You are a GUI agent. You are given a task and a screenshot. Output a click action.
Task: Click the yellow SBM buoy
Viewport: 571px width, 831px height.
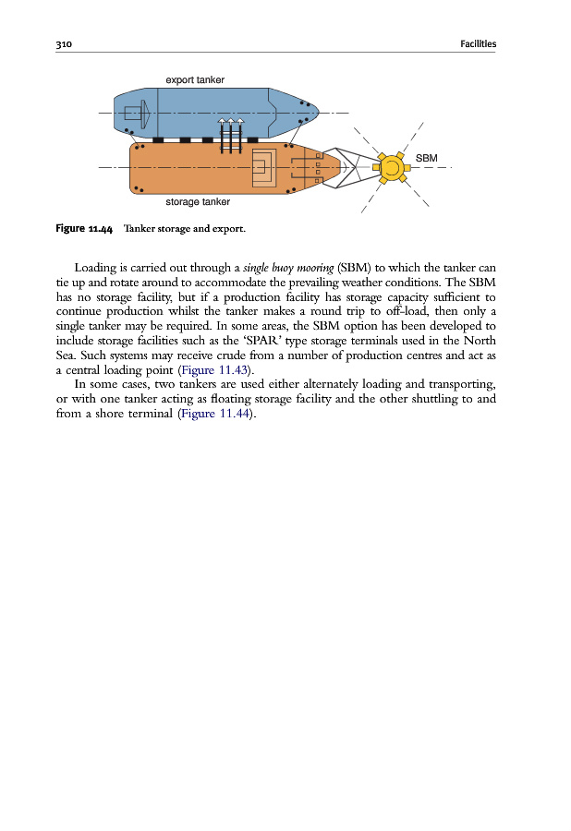[391, 168]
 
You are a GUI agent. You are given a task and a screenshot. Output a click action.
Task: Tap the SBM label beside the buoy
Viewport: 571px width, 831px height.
[426, 158]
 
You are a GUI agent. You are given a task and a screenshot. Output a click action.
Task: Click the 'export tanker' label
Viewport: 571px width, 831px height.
[194, 80]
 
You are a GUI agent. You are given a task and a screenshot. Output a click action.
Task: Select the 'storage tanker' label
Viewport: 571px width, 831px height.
[197, 201]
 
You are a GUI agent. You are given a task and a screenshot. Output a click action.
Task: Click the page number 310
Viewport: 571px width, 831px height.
[64, 43]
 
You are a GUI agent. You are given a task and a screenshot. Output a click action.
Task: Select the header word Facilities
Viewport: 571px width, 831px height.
[477, 43]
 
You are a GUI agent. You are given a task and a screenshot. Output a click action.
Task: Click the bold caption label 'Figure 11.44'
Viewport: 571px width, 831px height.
[84, 228]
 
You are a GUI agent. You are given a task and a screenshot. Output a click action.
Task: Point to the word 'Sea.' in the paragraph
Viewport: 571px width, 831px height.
[68, 355]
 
